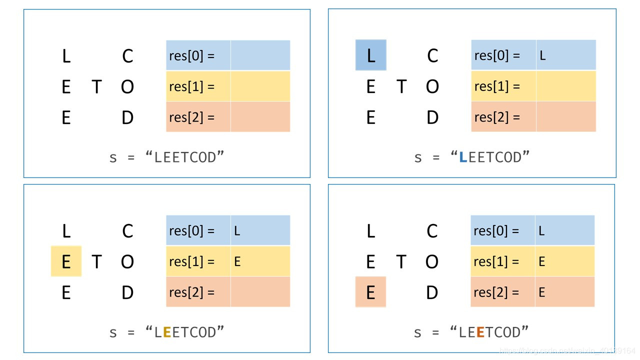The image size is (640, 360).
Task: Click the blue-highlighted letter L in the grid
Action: (x=370, y=55)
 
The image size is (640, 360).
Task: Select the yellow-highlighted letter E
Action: (x=66, y=261)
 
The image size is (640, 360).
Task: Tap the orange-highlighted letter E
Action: (x=370, y=292)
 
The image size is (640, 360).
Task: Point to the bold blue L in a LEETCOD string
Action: (x=463, y=157)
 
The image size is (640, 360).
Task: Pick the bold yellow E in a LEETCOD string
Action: (x=167, y=332)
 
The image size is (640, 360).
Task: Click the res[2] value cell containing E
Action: (x=564, y=291)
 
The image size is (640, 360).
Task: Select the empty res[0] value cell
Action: (x=260, y=55)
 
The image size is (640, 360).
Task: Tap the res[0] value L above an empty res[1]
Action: (x=565, y=55)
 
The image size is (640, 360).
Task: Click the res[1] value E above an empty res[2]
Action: (x=260, y=261)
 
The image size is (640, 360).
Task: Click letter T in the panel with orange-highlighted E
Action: (x=401, y=261)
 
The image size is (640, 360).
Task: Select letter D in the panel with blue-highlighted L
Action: (x=432, y=117)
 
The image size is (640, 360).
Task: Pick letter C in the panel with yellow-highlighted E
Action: (x=127, y=231)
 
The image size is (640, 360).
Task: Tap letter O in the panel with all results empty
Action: (x=127, y=87)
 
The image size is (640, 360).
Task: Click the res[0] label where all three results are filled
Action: (x=496, y=231)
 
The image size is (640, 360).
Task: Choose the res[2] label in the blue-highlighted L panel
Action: (x=497, y=117)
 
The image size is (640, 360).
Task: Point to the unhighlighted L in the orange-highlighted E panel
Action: (x=370, y=231)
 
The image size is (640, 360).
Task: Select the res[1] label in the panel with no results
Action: (x=192, y=86)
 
